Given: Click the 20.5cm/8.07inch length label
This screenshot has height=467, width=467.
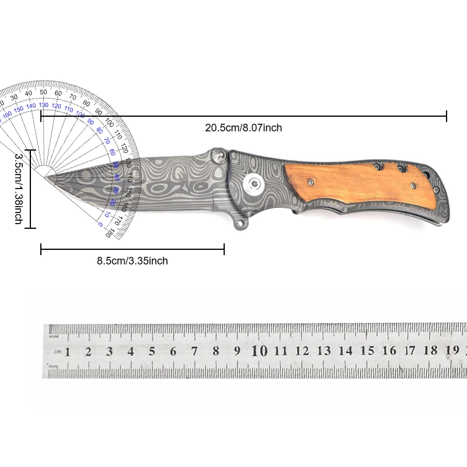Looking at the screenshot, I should (243, 128).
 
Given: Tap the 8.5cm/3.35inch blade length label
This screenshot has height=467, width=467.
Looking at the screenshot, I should (133, 261).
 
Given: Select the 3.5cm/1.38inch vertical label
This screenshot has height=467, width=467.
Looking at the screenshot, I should (18, 189).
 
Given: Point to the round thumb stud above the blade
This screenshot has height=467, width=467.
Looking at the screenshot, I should (220, 156).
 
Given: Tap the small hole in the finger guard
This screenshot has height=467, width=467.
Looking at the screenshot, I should (239, 223).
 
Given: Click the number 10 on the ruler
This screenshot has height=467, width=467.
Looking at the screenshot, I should (259, 351).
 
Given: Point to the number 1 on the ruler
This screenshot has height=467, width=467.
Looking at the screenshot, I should (68, 351).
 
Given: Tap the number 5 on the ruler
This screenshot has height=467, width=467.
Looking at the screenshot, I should (152, 351).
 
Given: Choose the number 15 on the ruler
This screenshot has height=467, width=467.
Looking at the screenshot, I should (367, 351).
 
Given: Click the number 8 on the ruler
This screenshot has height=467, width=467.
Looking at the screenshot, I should (215, 351).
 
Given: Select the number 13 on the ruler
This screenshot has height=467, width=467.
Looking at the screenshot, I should (324, 351).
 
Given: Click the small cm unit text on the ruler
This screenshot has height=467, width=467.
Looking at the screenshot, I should (57, 352).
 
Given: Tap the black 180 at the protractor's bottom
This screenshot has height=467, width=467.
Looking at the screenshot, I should (107, 233).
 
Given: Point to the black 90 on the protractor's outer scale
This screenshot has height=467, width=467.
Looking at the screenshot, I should (98, 111).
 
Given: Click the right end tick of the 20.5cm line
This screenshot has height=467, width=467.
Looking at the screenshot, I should (447, 116).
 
